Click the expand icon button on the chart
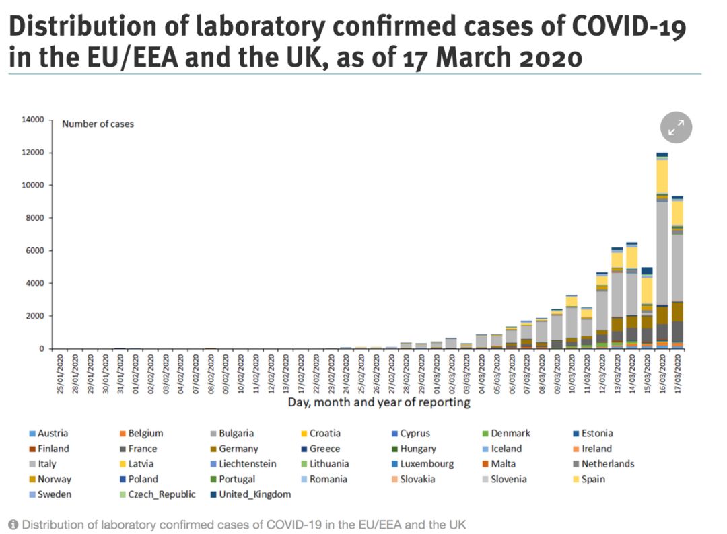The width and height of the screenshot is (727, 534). (676, 127)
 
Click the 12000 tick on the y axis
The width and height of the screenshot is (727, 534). (33, 153)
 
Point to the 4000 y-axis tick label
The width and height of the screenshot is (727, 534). (35, 283)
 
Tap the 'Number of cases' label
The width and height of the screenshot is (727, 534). (98, 124)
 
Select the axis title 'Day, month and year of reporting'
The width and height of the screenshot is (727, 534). (379, 402)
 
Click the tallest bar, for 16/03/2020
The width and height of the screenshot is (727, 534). (662, 269)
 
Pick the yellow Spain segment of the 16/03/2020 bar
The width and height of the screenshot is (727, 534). (662, 176)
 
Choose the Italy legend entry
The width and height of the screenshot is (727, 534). (48, 464)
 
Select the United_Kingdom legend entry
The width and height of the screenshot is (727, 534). (255, 495)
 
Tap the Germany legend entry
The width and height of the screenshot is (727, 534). (236, 449)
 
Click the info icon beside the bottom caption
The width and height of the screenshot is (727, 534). (13, 525)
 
